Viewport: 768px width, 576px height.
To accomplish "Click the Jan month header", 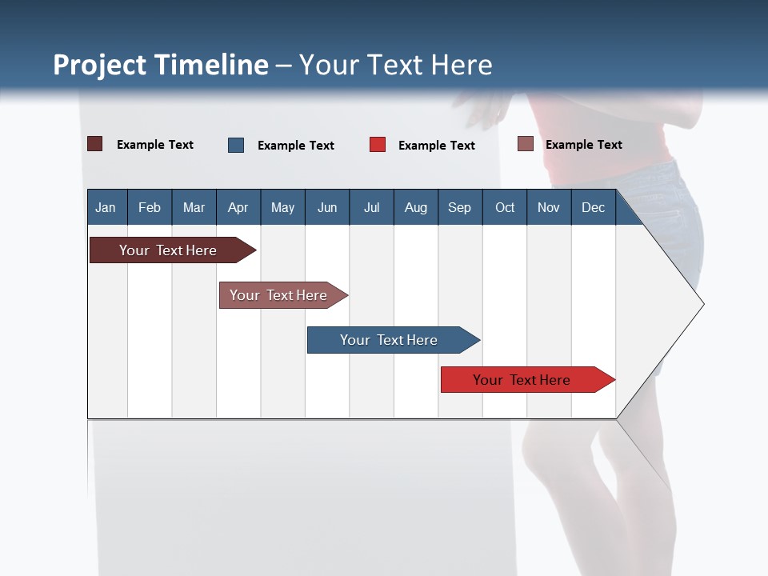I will point(106,207).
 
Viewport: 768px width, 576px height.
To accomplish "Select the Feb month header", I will point(150,207).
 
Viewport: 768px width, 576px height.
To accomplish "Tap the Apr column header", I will point(238,207).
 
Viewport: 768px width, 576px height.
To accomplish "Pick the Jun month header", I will point(327,207).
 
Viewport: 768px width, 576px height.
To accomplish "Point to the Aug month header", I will point(415,207).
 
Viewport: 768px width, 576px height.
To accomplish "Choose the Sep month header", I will point(459,207).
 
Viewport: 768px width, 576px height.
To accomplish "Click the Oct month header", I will point(505,207).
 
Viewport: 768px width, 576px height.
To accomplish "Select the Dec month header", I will point(593,207).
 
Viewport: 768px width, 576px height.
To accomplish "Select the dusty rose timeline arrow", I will point(280,295).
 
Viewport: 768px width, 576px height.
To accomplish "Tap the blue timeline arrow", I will point(390,340).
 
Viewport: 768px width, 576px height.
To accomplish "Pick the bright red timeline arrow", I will point(524,380).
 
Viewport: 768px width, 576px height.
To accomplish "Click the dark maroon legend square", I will point(95,144).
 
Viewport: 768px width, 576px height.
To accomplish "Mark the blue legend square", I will point(236,145).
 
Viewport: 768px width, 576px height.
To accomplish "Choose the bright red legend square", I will point(378,145).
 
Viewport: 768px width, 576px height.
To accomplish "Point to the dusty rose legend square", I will point(526,144).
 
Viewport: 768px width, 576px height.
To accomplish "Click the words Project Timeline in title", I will point(161,65).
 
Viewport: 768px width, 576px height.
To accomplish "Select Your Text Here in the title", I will point(395,65).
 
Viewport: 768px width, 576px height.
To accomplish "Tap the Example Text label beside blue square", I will point(295,146).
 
